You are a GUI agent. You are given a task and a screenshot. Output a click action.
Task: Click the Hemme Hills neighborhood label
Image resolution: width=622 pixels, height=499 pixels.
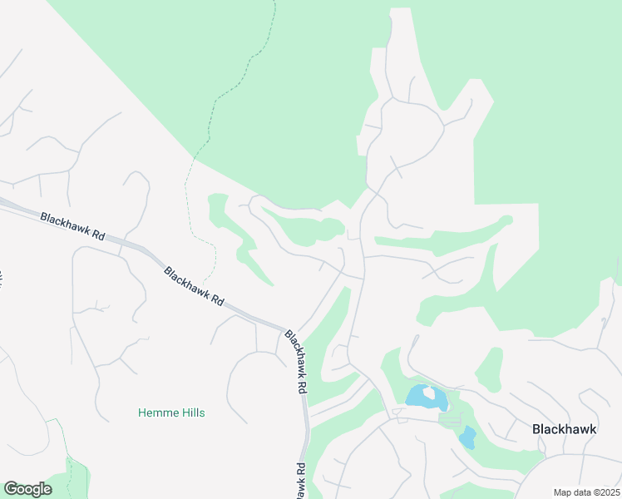tap(170, 413)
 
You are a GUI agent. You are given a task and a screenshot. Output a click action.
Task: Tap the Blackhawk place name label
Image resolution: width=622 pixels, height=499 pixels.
tap(564, 429)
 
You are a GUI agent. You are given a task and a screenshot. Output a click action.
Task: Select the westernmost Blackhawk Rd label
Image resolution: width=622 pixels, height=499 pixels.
tap(72, 226)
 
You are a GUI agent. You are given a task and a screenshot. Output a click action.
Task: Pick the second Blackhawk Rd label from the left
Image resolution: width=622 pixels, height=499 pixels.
tap(195, 286)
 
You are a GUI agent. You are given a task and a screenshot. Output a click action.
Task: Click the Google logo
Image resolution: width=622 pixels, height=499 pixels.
tap(27, 489)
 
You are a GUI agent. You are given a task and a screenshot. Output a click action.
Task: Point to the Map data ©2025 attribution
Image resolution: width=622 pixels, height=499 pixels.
tap(586, 492)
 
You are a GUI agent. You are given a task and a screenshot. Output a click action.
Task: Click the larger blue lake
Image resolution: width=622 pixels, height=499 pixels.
tap(426, 397)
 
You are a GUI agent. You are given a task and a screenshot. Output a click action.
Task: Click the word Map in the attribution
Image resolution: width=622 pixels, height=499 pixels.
tap(562, 492)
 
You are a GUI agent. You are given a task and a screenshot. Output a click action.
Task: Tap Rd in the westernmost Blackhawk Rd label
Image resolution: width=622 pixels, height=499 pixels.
tap(98, 236)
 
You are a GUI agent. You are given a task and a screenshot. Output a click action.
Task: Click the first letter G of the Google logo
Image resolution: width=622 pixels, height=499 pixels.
tap(10, 489)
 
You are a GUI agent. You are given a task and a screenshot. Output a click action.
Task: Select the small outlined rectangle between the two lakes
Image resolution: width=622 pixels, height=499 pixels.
tap(449, 421)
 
